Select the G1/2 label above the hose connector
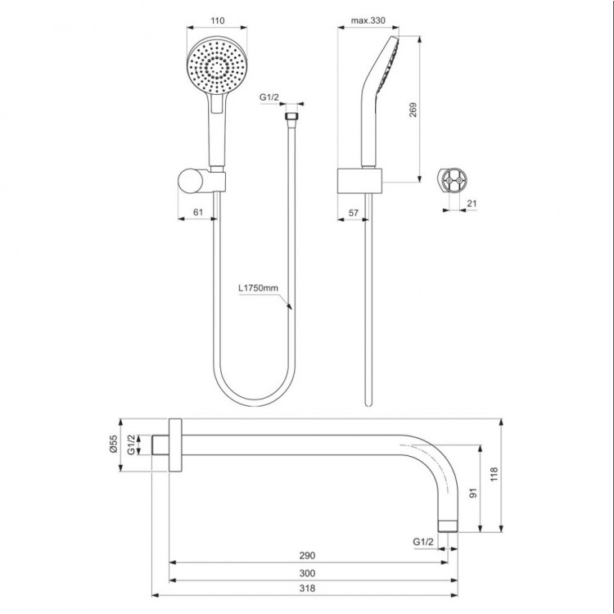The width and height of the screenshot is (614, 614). pos(269,97)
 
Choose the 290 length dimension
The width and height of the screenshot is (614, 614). pos(308,556)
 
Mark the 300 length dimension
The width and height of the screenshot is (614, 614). pos(308,573)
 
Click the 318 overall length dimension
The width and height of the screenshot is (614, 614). pos(308,589)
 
